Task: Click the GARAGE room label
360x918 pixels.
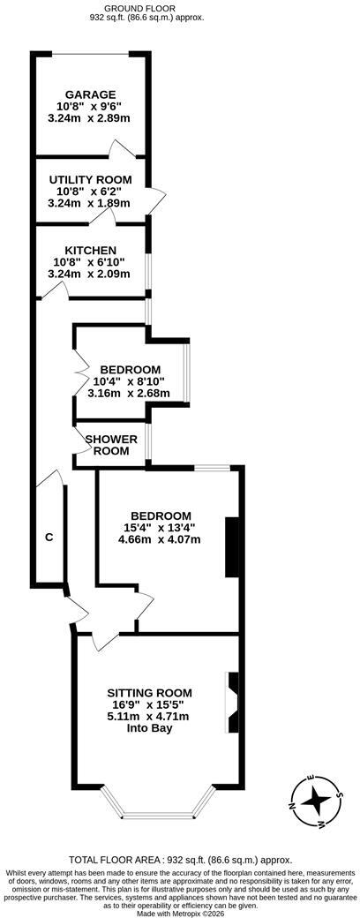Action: tap(90, 94)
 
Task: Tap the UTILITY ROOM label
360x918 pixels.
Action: tap(90, 180)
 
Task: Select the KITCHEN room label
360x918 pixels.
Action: tap(90, 251)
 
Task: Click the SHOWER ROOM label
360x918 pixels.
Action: tap(112, 445)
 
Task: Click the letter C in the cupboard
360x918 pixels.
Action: tap(49, 537)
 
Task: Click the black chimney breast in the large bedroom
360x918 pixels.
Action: tap(232, 546)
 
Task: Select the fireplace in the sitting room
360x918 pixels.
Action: tap(232, 703)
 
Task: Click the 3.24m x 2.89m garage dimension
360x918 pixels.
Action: tap(90, 118)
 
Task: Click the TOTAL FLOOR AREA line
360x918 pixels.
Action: tap(180, 860)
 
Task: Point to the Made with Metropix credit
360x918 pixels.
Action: tap(180, 913)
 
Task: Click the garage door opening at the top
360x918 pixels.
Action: tap(91, 55)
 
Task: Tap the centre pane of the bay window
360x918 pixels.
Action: tap(156, 815)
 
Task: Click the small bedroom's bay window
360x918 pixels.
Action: tap(187, 372)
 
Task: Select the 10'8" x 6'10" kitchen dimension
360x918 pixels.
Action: tap(90, 262)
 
